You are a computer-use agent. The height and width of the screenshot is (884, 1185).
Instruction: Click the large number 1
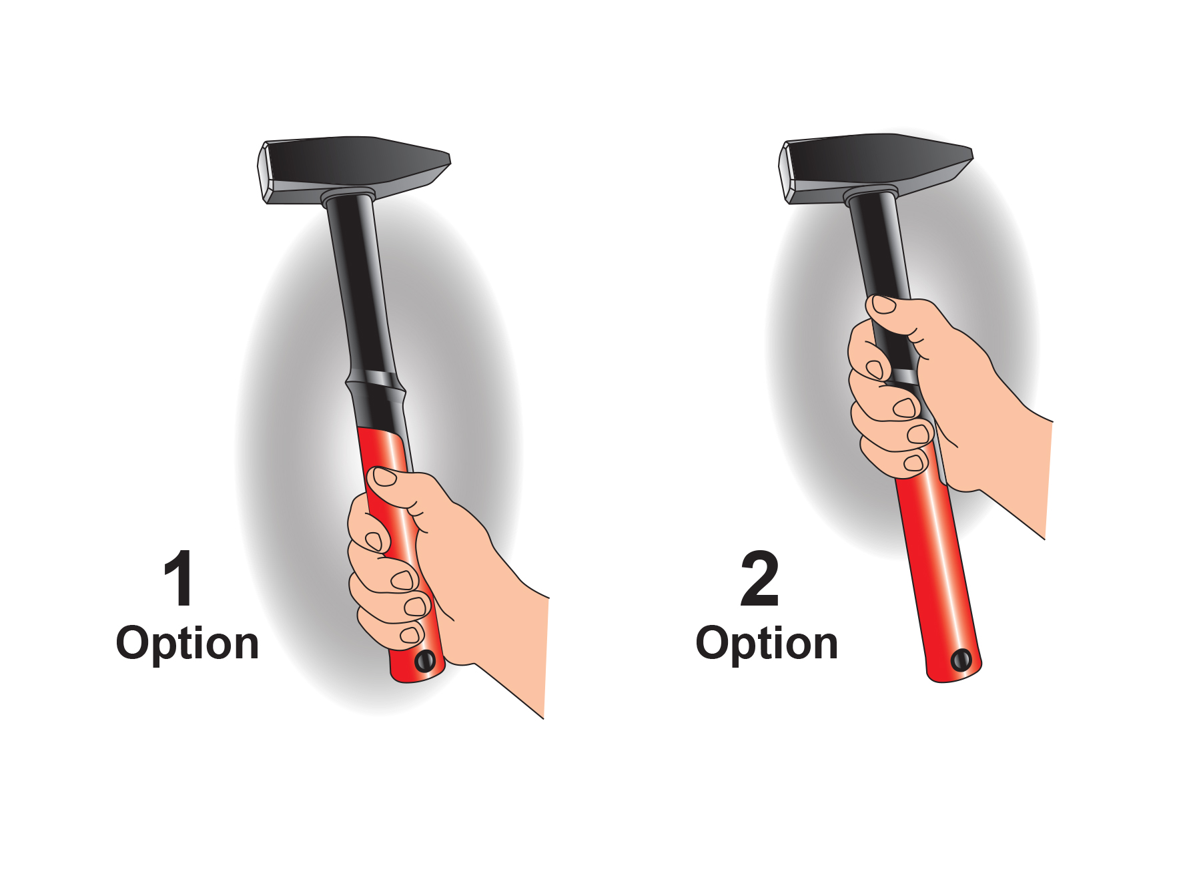pos(179,578)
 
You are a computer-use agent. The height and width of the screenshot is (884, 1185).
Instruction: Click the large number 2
pos(760,578)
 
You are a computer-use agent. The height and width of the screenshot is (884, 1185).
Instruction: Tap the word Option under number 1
pos(187,644)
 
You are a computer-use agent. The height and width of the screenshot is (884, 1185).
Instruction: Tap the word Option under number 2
pos(767,644)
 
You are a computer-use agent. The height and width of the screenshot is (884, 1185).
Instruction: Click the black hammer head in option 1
pos(354,168)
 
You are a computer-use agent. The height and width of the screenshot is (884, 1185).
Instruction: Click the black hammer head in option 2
pos(875,167)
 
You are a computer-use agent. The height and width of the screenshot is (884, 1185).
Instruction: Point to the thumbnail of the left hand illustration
pos(385,475)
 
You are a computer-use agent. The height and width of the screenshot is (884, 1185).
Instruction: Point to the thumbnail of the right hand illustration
pos(884,304)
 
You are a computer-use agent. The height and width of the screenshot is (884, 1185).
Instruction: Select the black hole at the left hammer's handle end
pos(425,661)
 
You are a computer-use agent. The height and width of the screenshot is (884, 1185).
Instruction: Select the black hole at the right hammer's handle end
pos(961,660)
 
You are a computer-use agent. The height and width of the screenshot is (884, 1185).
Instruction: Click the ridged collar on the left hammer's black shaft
pos(376,386)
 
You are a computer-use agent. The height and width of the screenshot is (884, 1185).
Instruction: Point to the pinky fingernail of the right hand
pos(913,463)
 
